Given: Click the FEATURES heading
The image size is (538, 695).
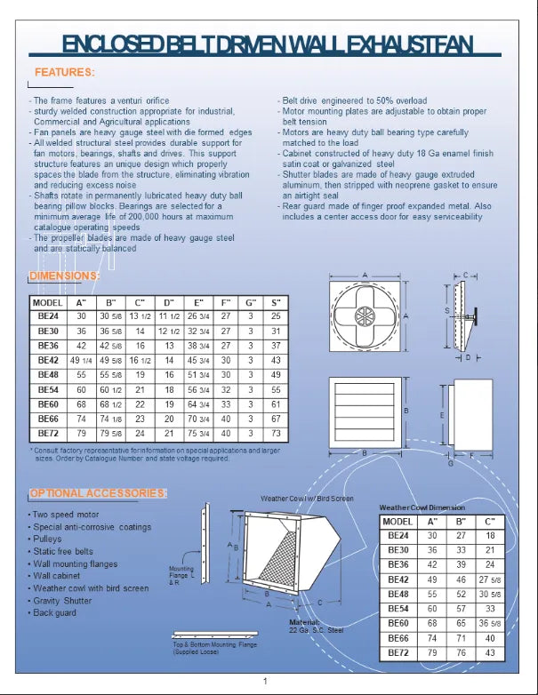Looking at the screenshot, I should coord(64,72).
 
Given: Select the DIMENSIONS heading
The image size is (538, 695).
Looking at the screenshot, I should coord(64,276).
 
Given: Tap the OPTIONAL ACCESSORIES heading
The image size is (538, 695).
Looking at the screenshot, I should coord(98,493).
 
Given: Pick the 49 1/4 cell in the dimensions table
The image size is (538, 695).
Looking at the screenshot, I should coord(82,360).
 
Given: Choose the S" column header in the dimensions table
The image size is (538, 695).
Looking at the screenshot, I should coord(276,302).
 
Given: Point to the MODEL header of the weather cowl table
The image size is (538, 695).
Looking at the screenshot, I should coord(396,522).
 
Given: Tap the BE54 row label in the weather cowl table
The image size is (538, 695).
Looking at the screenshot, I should coord(396,609).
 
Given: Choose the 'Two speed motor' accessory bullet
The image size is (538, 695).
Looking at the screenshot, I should coord(68,515).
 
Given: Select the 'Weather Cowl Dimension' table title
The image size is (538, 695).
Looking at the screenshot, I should coord(422,507).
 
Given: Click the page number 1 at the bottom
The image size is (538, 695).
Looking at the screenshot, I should coord(266,681).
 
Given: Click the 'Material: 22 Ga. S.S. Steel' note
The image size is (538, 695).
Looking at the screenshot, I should coord(315,627).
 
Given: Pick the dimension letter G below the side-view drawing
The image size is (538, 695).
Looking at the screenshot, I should coord(451,463).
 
